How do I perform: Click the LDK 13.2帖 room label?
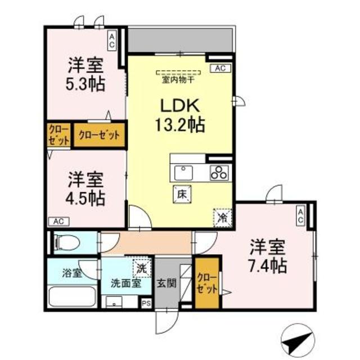(179, 115)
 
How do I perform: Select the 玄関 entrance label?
(166, 283)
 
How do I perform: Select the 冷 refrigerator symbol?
(221, 216)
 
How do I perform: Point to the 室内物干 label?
(178, 79)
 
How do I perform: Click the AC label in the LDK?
(220, 69)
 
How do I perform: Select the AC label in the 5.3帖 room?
(112, 40)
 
